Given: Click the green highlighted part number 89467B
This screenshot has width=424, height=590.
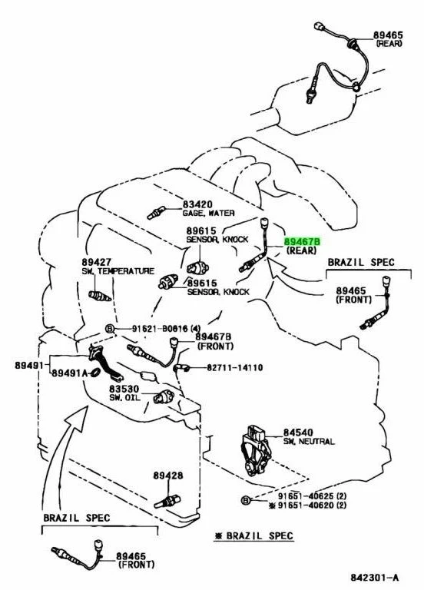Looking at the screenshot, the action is [302, 241].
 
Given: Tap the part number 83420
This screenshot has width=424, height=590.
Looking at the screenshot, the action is [197, 204].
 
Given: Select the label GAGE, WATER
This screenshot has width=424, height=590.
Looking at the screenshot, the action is [208, 213].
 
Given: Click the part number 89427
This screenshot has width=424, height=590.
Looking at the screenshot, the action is [96, 262].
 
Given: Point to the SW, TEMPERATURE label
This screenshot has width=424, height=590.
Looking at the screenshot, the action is [118, 271].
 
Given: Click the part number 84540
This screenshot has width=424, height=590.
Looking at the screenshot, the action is [298, 433].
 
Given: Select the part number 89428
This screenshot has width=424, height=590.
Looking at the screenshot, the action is [167, 476].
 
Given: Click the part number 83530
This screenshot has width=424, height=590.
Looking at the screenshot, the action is [124, 389].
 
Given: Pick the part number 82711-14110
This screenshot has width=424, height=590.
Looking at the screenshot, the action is [235, 367].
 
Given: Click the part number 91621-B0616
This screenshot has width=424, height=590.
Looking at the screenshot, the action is [160, 329].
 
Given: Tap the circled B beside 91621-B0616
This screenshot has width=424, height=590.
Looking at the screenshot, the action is [110, 329].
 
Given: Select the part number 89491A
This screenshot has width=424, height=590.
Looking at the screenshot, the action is [70, 373].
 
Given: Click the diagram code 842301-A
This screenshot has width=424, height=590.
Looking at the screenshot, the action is [374, 577].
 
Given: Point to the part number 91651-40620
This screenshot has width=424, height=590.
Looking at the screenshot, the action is [306, 505].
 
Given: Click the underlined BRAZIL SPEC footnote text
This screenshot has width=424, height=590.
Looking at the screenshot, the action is [254, 535].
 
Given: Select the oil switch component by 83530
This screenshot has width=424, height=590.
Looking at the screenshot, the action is [164, 396].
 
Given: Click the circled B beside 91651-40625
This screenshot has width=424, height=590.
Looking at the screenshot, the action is [246, 500].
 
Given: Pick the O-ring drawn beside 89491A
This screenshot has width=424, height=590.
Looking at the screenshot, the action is [95, 373].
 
